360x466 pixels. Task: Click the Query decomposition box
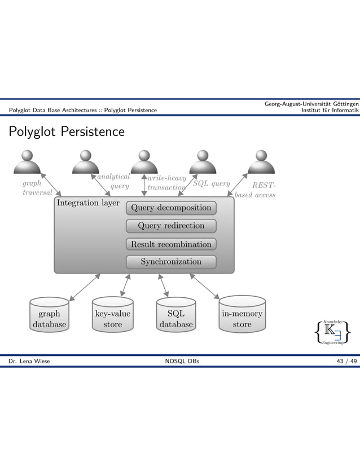[171, 208]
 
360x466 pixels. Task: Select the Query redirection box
[171, 226]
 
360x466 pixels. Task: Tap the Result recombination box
[171, 244]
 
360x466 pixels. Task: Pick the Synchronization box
[171, 262]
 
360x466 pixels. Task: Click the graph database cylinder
[49, 316]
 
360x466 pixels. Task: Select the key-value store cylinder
[113, 316]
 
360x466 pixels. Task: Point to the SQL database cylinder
[176, 316]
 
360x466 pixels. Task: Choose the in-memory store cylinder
[242, 316]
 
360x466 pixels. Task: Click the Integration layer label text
[87, 203]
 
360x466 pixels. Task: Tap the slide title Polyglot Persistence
[65, 132]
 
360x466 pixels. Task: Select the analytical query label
[115, 181]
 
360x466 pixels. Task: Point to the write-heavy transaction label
[166, 183]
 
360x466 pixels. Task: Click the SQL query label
[212, 183]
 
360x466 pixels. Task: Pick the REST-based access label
[257, 190]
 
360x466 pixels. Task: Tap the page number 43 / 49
[345, 361]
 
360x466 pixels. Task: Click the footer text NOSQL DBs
[180, 361]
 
